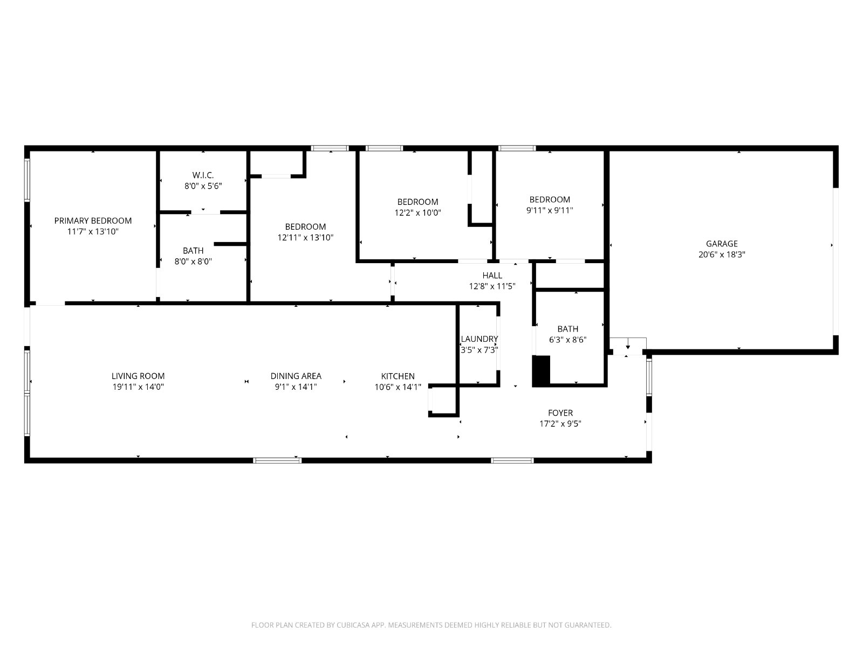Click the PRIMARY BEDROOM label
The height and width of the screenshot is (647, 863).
93,221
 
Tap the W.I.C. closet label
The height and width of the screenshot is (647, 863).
203,175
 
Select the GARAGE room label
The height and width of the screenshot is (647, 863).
722,244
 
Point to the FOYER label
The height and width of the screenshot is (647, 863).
560,413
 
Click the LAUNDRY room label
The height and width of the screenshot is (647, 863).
480,339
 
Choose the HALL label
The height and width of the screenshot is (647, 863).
492,276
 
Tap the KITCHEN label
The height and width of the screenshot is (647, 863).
398,376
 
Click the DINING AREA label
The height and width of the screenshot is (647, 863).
296,376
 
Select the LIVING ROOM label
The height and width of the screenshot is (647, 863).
138,376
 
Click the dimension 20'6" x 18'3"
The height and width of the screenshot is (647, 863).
722,254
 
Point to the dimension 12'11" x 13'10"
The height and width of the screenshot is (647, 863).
305,238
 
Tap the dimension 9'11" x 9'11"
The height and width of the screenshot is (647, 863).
550,211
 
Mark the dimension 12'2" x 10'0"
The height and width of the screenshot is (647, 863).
417,213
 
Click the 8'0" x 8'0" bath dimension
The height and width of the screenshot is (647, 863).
193,261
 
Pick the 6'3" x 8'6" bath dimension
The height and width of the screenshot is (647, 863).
568,340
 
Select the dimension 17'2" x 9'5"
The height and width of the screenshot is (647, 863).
560,424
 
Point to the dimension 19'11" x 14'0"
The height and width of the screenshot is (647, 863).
138,387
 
